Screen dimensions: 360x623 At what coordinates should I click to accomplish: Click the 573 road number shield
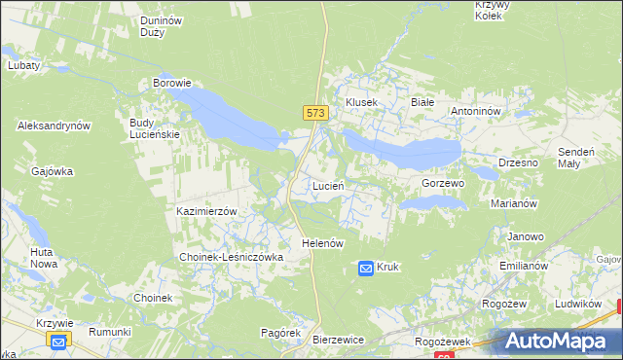coord(314,114)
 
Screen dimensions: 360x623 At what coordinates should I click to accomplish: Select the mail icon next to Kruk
coord(365,267)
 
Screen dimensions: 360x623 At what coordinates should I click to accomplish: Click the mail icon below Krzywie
coord(58,341)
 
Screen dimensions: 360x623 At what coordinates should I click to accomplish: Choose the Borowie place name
coord(171,84)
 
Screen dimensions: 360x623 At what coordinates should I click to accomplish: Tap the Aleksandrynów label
coord(54,126)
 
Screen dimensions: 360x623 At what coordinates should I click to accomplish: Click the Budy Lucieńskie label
coord(155,128)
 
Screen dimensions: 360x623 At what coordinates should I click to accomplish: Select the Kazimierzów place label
coord(207,211)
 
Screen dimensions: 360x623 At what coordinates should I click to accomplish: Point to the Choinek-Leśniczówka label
coord(230,257)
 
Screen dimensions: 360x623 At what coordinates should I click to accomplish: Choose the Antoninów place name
coord(475,111)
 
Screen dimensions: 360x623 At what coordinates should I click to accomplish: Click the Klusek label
coord(361,102)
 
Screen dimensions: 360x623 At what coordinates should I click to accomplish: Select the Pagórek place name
coord(280,333)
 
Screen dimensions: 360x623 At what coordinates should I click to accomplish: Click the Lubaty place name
coord(23,65)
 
